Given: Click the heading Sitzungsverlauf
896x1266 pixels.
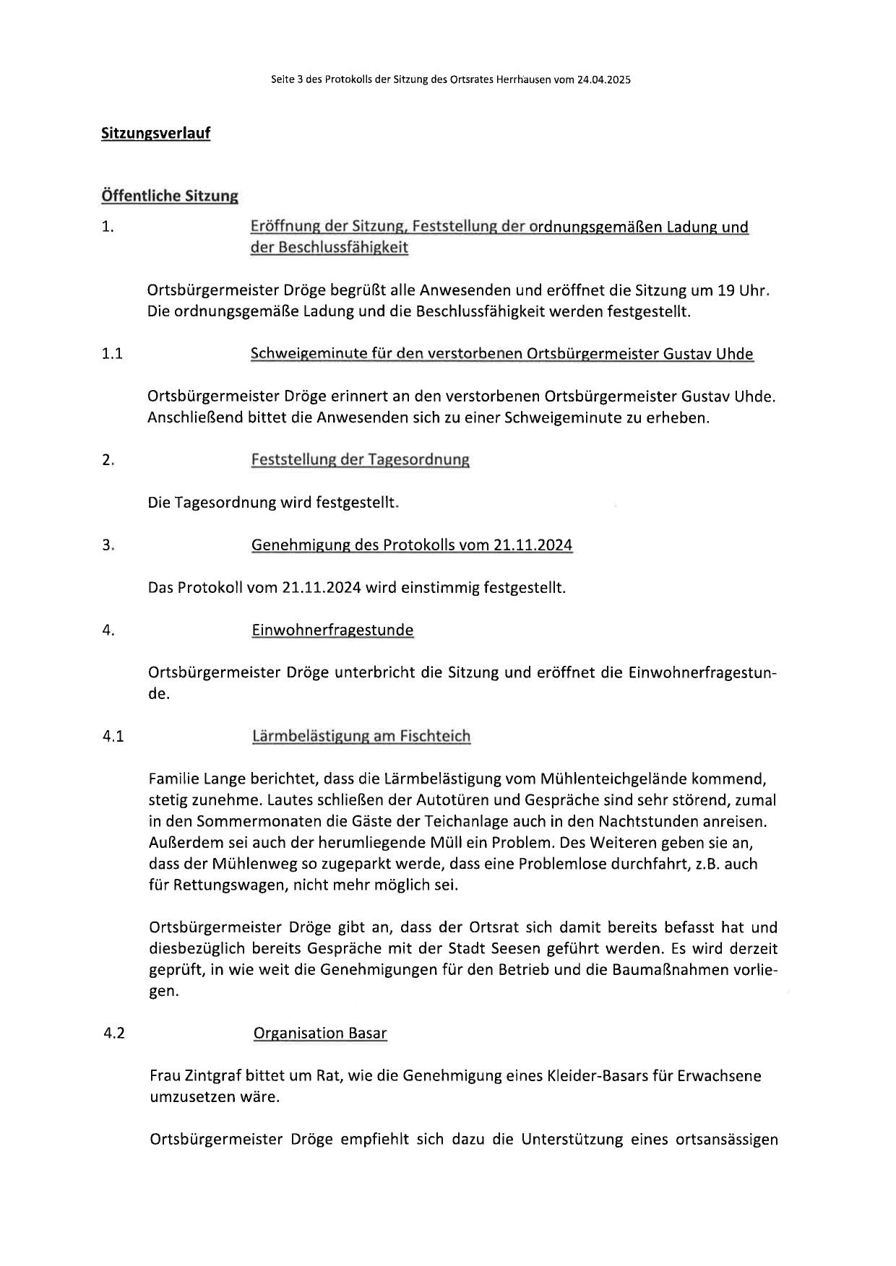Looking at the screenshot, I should click(155, 134).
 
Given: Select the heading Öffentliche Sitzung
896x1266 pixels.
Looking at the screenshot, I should click(170, 196).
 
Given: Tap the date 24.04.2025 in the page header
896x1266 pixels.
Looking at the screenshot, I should click(603, 80).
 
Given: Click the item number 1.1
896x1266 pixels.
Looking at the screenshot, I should click(112, 354).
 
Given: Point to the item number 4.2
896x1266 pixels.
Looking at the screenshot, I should click(114, 1033).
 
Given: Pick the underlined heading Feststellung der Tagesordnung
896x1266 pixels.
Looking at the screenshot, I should click(360, 459).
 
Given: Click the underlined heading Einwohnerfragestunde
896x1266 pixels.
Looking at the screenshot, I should click(332, 630).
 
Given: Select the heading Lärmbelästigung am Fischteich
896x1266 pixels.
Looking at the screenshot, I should click(361, 736).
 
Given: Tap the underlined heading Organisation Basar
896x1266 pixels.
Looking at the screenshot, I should click(320, 1033).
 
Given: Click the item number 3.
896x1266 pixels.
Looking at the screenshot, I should click(108, 545).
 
